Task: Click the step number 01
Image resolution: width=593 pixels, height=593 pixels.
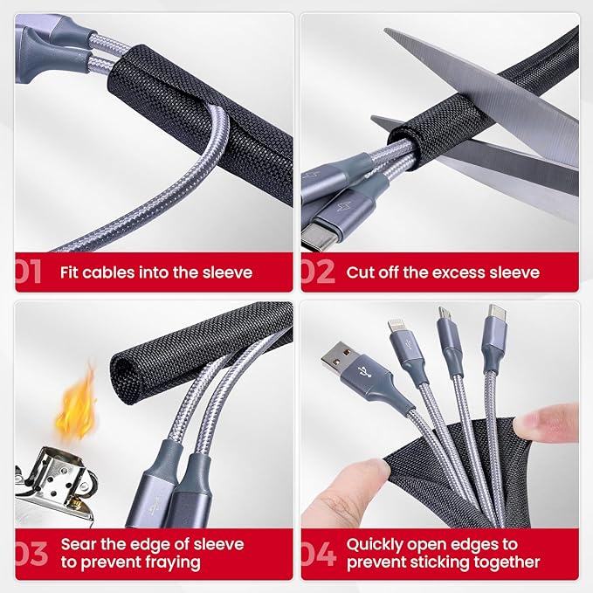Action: (28, 271)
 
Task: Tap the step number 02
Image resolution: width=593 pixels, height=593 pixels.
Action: (318, 271)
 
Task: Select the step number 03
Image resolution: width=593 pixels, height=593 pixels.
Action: (31, 554)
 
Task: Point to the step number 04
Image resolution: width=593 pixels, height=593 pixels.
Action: (319, 554)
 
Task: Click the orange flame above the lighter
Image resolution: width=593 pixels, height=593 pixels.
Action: (76, 404)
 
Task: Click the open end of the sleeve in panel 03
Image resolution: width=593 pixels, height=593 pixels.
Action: (126, 376)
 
